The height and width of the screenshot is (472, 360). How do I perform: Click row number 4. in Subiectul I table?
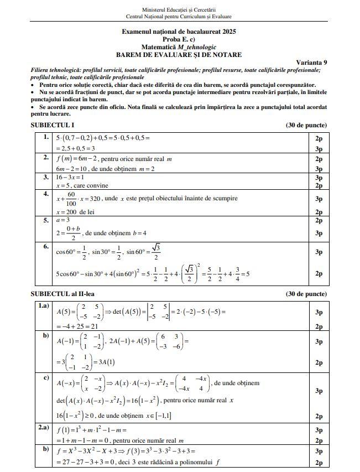(x=46, y=194)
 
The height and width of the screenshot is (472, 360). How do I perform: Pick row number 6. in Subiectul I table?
(x=46, y=246)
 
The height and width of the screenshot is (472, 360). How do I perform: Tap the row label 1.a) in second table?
(x=43, y=305)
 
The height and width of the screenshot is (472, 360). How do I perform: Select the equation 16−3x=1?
(x=71, y=178)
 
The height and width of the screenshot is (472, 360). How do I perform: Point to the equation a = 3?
(x=62, y=220)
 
